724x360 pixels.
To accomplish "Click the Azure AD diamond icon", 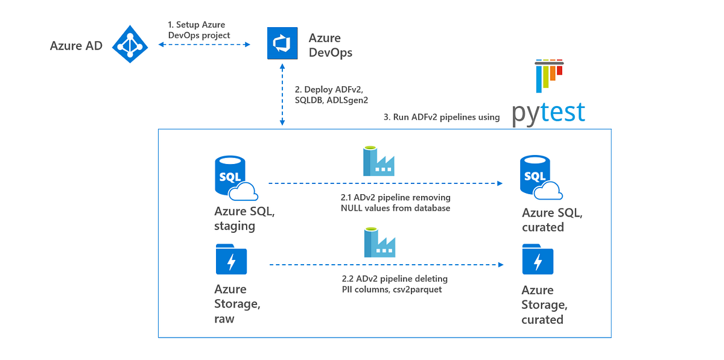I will tap(129, 44).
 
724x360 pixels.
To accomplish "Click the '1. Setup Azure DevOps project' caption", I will tap(198, 30).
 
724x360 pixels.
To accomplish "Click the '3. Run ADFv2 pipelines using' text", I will tap(442, 117).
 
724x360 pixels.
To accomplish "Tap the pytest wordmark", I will tap(548, 112).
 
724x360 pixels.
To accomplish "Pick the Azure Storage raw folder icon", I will tap(231, 259).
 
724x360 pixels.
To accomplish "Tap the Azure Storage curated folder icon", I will tap(538, 259).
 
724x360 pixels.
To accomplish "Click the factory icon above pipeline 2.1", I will tap(378, 162).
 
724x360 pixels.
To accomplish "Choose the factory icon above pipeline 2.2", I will tap(378, 244).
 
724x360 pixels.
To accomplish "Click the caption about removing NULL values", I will tap(395, 203).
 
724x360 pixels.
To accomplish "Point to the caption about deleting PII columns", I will tap(395, 285).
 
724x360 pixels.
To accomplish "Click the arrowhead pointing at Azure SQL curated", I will tap(500, 182).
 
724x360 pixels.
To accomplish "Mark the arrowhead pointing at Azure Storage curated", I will tap(500, 264).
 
